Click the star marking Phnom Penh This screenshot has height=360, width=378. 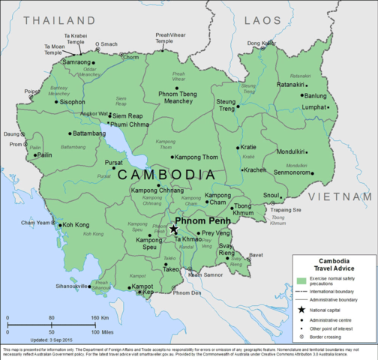tap(173, 229)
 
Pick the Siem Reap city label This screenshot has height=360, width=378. tap(127, 116)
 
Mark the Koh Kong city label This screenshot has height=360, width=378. tap(76, 224)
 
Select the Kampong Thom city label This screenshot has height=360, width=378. tap(199, 157)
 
